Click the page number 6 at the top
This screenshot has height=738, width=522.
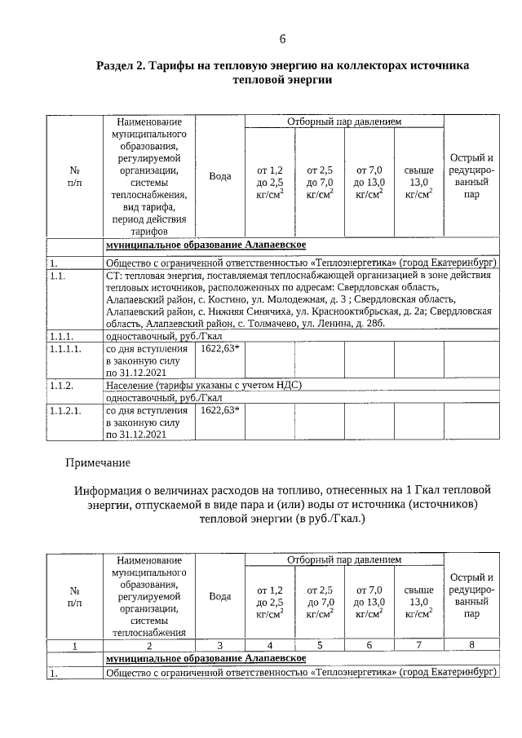click(282, 39)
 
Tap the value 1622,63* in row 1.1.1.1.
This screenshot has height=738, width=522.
click(219, 349)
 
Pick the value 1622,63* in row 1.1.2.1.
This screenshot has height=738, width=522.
click(219, 410)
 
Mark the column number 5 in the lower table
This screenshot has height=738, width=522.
click(320, 645)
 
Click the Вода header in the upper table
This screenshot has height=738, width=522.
click(220, 176)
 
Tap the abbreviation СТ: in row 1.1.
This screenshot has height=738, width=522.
click(113, 276)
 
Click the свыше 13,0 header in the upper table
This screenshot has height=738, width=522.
click(418, 183)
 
